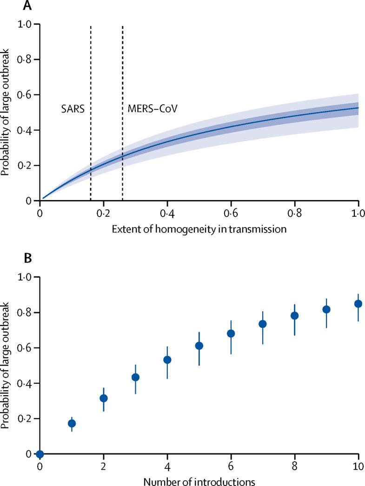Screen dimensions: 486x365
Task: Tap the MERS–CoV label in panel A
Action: (x=153, y=109)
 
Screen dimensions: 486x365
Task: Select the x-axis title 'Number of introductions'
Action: (x=199, y=479)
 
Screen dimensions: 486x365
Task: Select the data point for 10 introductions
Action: (x=358, y=304)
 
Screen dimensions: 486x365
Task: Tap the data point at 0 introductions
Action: (x=40, y=454)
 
